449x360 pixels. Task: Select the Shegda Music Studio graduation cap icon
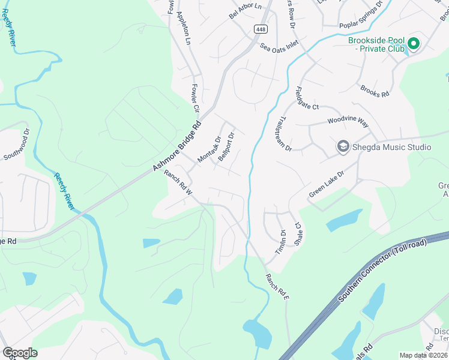tap(343, 146)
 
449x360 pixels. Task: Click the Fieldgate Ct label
tap(307, 98)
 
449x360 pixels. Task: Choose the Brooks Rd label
tap(375, 91)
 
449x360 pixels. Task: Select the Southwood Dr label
tap(17, 145)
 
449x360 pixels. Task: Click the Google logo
tap(20, 353)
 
